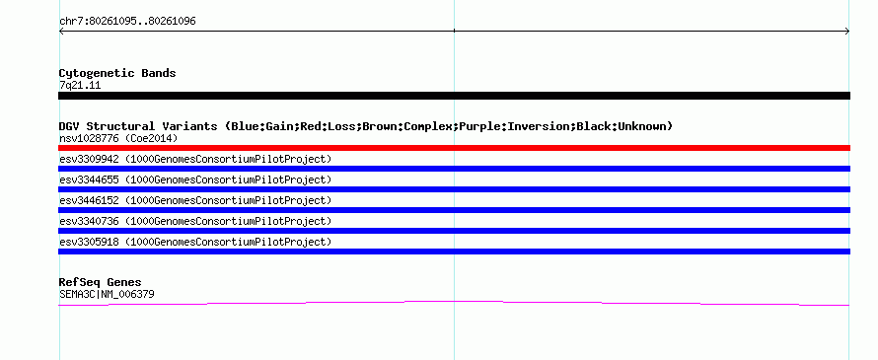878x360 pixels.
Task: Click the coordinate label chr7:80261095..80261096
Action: click(127, 22)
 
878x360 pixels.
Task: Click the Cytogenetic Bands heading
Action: click(117, 73)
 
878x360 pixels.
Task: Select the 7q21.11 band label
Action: click(80, 86)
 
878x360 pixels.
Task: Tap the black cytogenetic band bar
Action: click(454, 96)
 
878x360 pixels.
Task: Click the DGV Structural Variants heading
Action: click(366, 126)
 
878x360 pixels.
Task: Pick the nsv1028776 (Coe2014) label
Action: click(118, 138)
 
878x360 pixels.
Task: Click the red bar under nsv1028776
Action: click(454, 148)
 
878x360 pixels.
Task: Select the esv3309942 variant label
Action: click(195, 159)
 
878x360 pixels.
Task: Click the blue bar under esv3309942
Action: click(454, 169)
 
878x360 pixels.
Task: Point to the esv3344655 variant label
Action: click(195, 180)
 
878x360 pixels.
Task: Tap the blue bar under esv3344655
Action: click(454, 189)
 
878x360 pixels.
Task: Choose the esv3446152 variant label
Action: click(195, 200)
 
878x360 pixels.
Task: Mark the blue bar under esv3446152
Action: click(454, 210)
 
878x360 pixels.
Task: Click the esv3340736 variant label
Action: click(195, 221)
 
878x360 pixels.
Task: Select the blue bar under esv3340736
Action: click(454, 231)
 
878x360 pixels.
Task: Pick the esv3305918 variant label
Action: click(195, 242)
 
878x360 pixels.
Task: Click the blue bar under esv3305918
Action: click(454, 252)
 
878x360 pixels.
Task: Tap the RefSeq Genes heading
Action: click(101, 282)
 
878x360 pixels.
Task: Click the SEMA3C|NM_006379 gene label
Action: click(107, 294)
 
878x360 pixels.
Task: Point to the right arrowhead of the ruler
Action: click(847, 32)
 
